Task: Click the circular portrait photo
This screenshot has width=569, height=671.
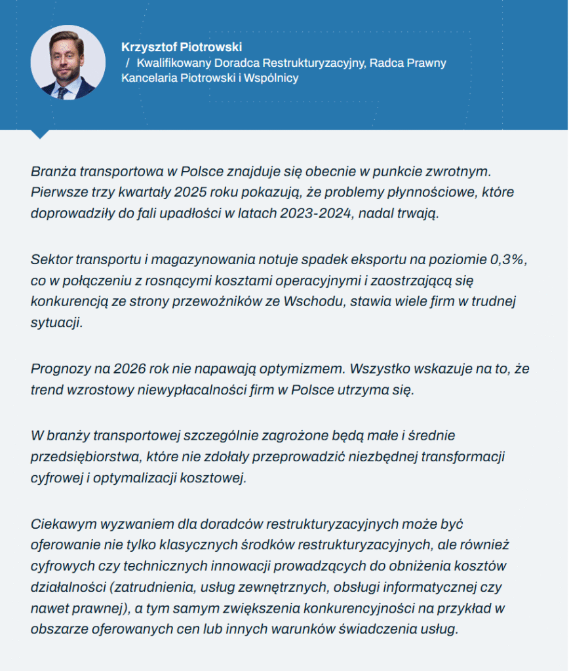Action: (x=68, y=62)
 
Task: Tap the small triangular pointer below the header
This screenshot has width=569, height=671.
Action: (x=41, y=134)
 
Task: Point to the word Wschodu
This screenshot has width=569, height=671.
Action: (x=315, y=301)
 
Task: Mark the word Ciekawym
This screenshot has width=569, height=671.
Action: (x=62, y=524)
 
